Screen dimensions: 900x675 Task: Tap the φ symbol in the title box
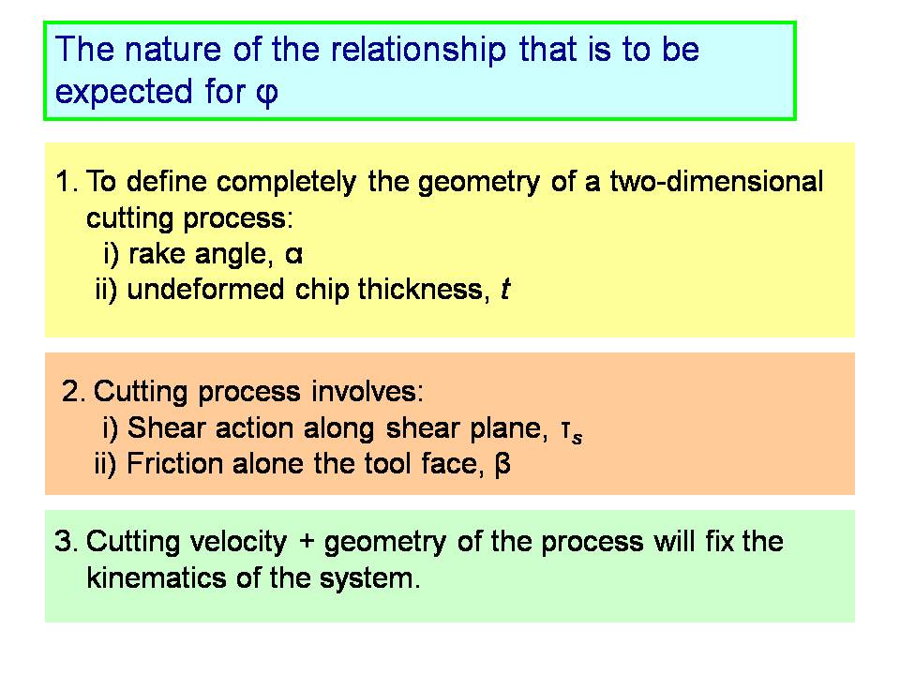pyautogui.click(x=267, y=93)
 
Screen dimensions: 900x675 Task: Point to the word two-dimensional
pyautogui.click(x=716, y=181)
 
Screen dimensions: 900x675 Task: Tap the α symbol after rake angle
pyautogui.click(x=293, y=255)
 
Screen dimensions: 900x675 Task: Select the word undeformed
pyautogui.click(x=205, y=290)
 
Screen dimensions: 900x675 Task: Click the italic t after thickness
pyautogui.click(x=505, y=290)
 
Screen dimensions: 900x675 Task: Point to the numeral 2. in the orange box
pyautogui.click(x=73, y=392)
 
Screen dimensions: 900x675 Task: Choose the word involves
pyautogui.click(x=367, y=392)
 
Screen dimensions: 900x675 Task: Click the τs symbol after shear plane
pyautogui.click(x=572, y=431)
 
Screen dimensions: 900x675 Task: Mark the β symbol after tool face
pyautogui.click(x=502, y=464)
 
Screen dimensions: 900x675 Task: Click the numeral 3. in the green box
pyautogui.click(x=66, y=542)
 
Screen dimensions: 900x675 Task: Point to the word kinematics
pyautogui.click(x=157, y=577)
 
